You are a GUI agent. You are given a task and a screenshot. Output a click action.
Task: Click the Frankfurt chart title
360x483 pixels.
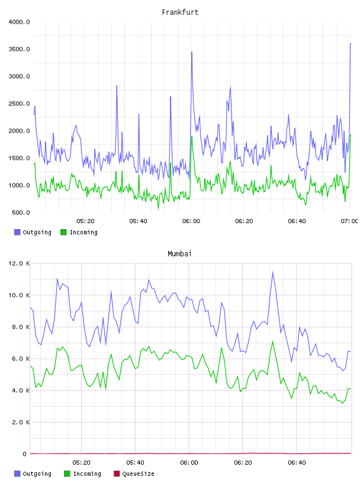coord(180,12)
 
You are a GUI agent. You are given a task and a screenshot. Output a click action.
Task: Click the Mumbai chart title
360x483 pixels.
coord(179,254)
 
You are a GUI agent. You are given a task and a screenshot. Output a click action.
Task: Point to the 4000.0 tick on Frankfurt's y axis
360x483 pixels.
coord(19,22)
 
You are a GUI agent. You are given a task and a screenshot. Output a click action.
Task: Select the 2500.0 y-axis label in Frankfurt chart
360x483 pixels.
coord(19,104)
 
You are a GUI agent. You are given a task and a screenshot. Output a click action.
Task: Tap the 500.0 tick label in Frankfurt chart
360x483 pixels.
coord(21,212)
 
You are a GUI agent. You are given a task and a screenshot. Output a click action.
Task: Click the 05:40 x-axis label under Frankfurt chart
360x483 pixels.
coord(138,221)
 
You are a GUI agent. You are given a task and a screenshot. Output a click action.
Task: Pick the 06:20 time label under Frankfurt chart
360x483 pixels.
coord(244,221)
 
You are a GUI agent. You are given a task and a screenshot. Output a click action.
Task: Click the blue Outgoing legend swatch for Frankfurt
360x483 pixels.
coord(17,232)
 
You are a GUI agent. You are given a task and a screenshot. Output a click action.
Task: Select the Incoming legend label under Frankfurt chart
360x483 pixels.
coord(83,232)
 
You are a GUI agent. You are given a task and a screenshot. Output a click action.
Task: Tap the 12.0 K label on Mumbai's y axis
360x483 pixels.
coord(19,263)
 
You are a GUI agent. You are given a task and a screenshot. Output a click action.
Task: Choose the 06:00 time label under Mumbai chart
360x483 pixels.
coord(189,463)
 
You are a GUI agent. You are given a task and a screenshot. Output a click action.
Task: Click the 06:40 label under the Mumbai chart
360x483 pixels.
coord(297,463)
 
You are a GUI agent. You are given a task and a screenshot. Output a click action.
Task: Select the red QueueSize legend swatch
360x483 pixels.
coord(117,474)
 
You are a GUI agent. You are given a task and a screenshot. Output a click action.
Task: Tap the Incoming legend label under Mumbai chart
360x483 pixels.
coord(87,474)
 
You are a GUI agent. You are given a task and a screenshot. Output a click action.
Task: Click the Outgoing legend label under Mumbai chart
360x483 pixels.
coord(37,474)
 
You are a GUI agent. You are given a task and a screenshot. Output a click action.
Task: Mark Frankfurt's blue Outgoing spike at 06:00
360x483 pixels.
coord(192,52)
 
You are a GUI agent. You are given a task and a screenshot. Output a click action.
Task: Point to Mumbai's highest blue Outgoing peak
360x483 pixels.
coord(272,272)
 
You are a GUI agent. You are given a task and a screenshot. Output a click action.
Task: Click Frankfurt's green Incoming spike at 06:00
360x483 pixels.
coord(192,137)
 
